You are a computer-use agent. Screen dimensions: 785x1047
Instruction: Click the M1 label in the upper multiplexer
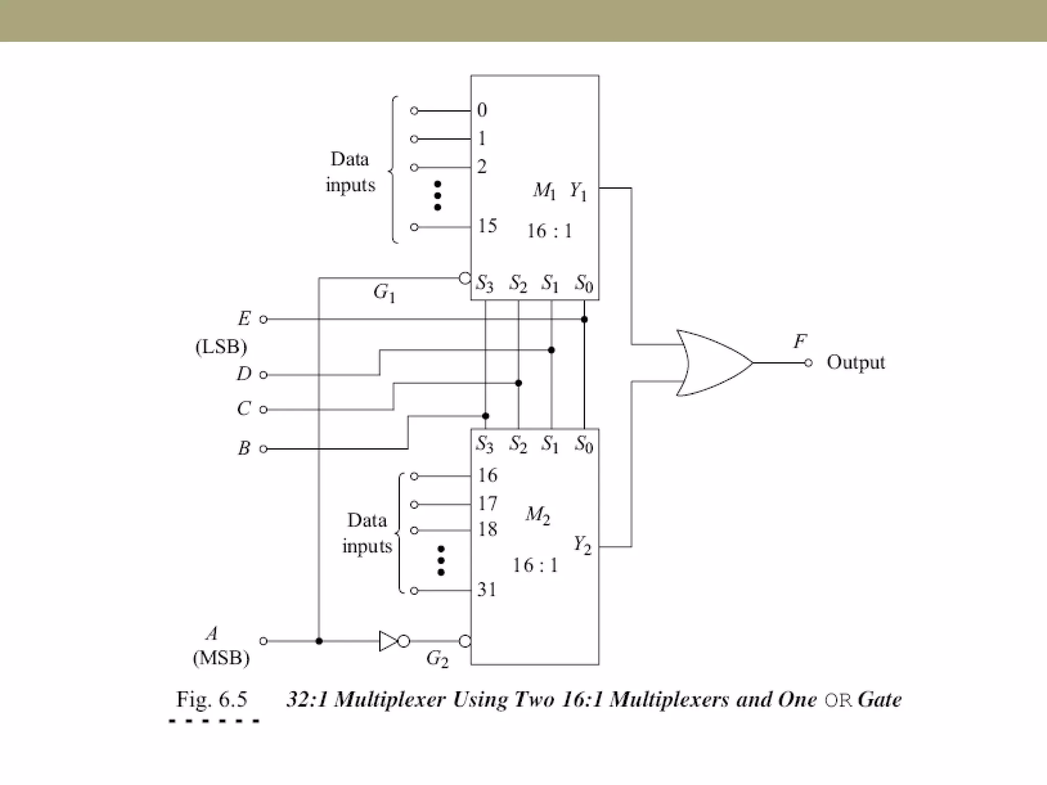[x=544, y=191]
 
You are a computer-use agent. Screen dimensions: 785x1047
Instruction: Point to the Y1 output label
[x=578, y=191]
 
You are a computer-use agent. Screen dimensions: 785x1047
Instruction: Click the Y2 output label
[x=582, y=544]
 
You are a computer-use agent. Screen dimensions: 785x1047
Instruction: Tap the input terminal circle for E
[x=263, y=319]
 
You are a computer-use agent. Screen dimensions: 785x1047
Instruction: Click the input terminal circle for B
[x=263, y=449]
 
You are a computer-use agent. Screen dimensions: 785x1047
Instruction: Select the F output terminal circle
[x=808, y=363]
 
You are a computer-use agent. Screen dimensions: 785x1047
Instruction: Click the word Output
[x=855, y=362]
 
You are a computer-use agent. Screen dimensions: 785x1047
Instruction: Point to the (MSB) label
[x=221, y=658]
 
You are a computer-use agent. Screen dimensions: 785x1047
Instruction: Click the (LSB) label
[x=221, y=347]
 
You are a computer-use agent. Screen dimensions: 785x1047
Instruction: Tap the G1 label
[x=384, y=293]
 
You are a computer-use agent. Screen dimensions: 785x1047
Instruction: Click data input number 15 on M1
[x=487, y=226]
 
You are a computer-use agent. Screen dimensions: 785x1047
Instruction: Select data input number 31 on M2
[x=487, y=590]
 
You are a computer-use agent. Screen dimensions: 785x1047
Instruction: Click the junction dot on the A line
[x=319, y=641]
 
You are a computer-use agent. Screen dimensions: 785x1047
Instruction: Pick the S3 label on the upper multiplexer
[x=485, y=283]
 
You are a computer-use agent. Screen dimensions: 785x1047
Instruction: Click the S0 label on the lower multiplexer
[x=584, y=444]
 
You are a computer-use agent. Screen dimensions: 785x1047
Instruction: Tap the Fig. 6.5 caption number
[x=212, y=699]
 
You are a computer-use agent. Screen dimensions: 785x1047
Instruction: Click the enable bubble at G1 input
[x=464, y=279]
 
